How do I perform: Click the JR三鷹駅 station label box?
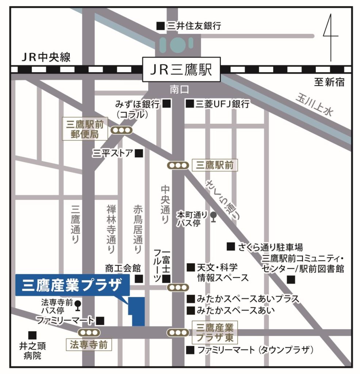pos(181,69)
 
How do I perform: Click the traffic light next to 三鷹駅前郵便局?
pos(122,130)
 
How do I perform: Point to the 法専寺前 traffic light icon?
pos(89,332)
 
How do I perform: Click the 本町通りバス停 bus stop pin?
pos(214,218)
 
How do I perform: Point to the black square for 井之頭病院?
pos(32,335)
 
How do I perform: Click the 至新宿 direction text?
pos(329,83)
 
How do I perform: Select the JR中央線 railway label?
pos(46,57)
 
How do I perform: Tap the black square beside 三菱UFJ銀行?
pos(189,104)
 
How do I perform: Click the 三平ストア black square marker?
pos(139,153)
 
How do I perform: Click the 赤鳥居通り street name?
pos(138,229)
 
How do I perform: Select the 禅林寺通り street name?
pos(111,229)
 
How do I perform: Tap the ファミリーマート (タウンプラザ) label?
pos(255,350)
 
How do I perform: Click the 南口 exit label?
pos(179,90)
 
